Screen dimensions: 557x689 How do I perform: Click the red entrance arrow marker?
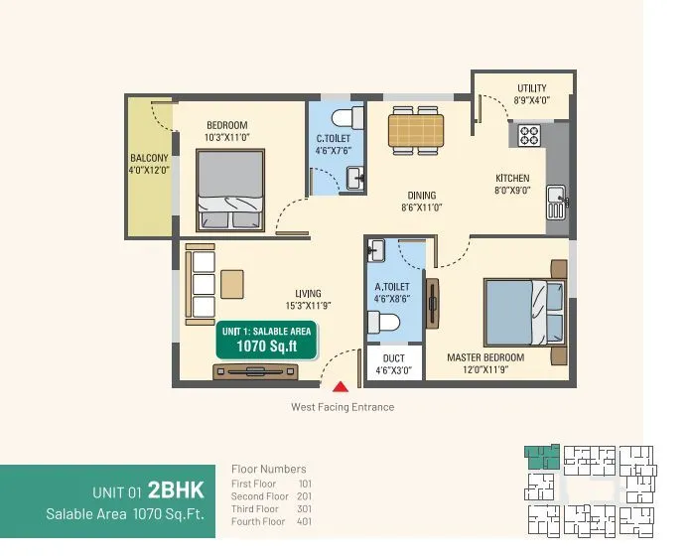(341, 387)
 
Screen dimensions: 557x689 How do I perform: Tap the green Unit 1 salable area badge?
(267, 340)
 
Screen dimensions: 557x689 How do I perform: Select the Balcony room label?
(148, 164)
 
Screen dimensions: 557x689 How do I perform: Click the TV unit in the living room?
(255, 371)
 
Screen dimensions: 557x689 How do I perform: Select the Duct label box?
(393, 364)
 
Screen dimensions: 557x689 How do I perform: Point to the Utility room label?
(531, 94)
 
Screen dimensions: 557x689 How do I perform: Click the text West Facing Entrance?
(342, 407)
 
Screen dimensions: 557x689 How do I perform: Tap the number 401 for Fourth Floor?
(304, 522)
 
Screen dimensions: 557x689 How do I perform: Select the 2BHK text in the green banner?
(176, 489)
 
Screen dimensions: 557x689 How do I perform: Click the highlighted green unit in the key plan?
(541, 457)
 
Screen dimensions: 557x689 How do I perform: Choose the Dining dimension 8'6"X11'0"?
(421, 208)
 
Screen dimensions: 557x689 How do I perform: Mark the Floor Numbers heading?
(268, 469)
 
